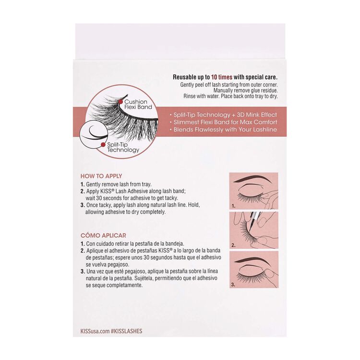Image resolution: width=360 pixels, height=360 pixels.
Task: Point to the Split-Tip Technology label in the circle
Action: pos(123,147)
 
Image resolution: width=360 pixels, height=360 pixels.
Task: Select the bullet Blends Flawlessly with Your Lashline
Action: pos(226,130)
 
